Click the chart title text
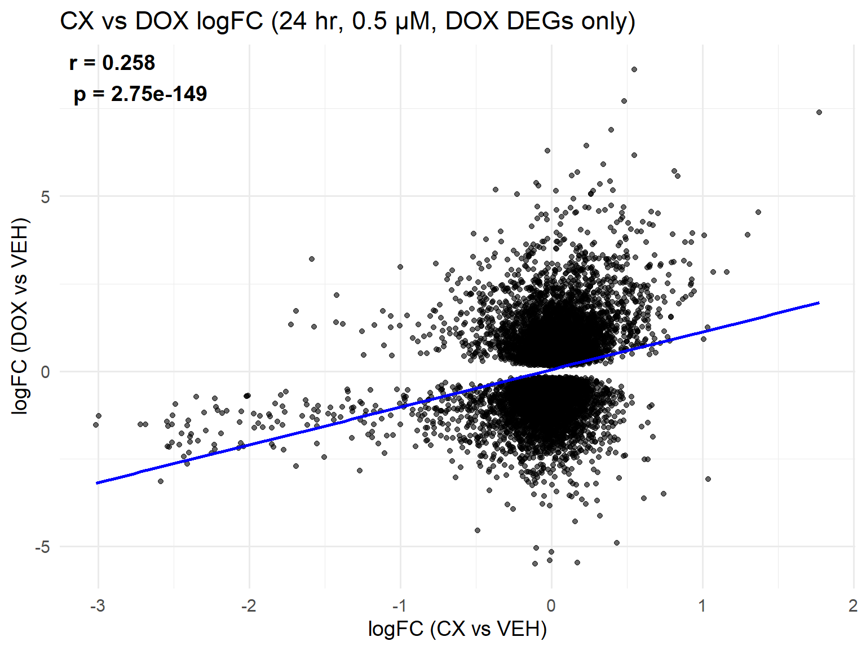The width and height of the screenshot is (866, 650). (347, 21)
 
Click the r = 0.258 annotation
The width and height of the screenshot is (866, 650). (112, 63)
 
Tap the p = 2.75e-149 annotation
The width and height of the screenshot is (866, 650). (140, 94)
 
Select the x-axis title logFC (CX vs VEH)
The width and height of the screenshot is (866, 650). (457, 628)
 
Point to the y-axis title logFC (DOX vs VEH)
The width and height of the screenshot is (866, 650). (20, 316)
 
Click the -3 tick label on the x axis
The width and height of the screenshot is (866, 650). (98, 606)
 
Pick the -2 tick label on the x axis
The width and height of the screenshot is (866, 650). (249, 606)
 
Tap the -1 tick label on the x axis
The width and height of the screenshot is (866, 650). (400, 606)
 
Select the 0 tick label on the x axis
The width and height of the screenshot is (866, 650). (551, 606)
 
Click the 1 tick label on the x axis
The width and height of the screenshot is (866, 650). (702, 606)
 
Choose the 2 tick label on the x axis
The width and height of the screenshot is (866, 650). (853, 606)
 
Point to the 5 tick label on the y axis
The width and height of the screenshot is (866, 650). (45, 197)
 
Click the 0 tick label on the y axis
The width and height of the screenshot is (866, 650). (45, 372)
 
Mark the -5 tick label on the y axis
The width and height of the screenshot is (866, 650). (42, 547)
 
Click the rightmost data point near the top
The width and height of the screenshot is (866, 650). (819, 112)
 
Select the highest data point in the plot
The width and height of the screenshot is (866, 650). (634, 69)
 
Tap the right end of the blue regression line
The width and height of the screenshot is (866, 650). (819, 303)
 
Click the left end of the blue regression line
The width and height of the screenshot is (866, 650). (98, 483)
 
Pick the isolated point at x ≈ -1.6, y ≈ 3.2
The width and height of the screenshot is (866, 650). (312, 259)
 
